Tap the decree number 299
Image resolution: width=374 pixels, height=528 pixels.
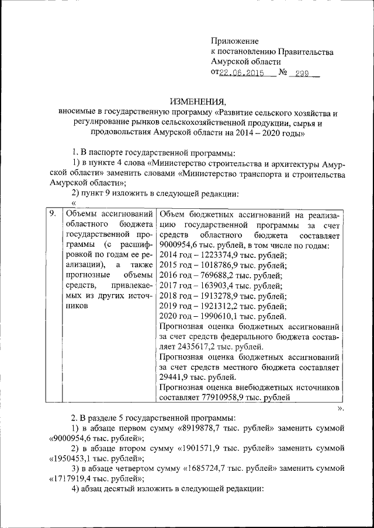coord(302,73)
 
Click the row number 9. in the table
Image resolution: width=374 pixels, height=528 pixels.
coord(52,214)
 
